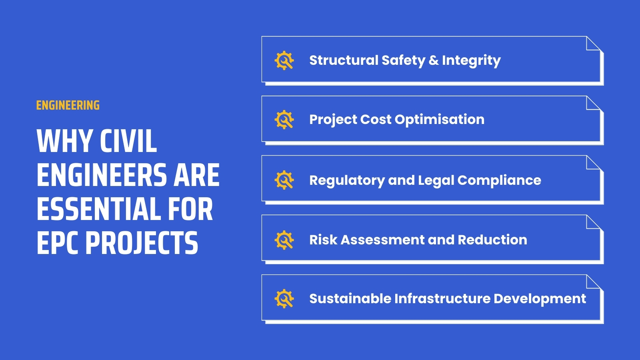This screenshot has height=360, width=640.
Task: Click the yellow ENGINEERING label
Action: [68, 106]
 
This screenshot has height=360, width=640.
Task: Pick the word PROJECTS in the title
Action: [142, 243]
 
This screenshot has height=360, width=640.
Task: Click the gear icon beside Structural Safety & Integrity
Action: [284, 60]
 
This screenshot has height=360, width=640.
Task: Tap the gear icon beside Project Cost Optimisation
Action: [284, 120]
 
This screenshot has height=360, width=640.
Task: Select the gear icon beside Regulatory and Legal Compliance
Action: [284, 180]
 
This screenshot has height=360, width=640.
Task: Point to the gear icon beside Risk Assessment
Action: [284, 240]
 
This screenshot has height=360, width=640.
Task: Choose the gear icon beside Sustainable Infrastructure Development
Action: [284, 299]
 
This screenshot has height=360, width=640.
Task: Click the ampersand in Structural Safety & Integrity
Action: [434, 60]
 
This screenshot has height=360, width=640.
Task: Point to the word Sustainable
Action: [350, 299]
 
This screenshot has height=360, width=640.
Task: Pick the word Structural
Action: [343, 60]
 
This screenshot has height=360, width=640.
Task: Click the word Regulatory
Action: [347, 180]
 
